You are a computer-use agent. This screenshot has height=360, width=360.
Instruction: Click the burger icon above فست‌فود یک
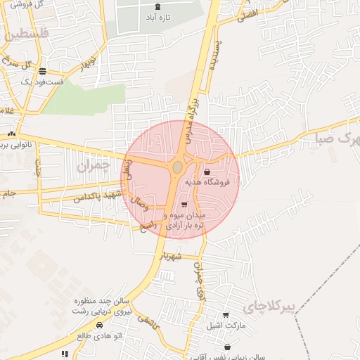(43, 71)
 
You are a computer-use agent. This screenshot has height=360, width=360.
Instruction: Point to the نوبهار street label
(86, 65)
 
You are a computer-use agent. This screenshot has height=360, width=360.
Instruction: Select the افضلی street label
(247, 14)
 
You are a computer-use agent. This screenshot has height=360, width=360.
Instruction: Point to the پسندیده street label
(215, 57)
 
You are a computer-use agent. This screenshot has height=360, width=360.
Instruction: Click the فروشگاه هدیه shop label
(213, 181)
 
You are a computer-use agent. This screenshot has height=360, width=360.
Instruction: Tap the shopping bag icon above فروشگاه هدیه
(206, 172)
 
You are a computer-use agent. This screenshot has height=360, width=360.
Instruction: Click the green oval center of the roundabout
(177, 167)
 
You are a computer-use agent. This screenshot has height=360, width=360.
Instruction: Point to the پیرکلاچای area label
(266, 307)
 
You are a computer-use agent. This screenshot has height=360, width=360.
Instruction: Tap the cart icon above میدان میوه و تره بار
(184, 205)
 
